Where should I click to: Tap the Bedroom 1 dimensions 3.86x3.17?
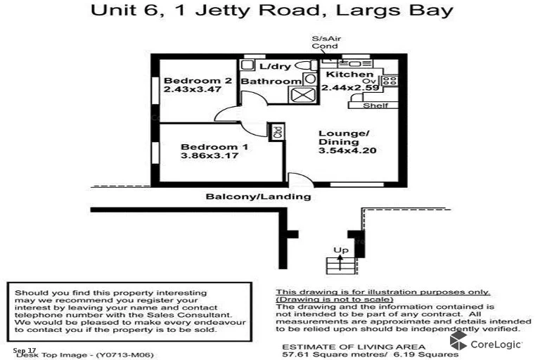point(205,155)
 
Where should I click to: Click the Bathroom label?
point(271,82)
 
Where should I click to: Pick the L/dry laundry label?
point(274,66)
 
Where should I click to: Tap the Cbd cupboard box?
point(278,131)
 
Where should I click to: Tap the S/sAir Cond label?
point(324,43)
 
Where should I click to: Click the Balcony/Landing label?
point(258,197)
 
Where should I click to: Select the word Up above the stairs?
point(340,250)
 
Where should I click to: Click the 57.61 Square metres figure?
point(321,356)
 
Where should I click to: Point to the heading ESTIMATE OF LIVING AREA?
point(353,347)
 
